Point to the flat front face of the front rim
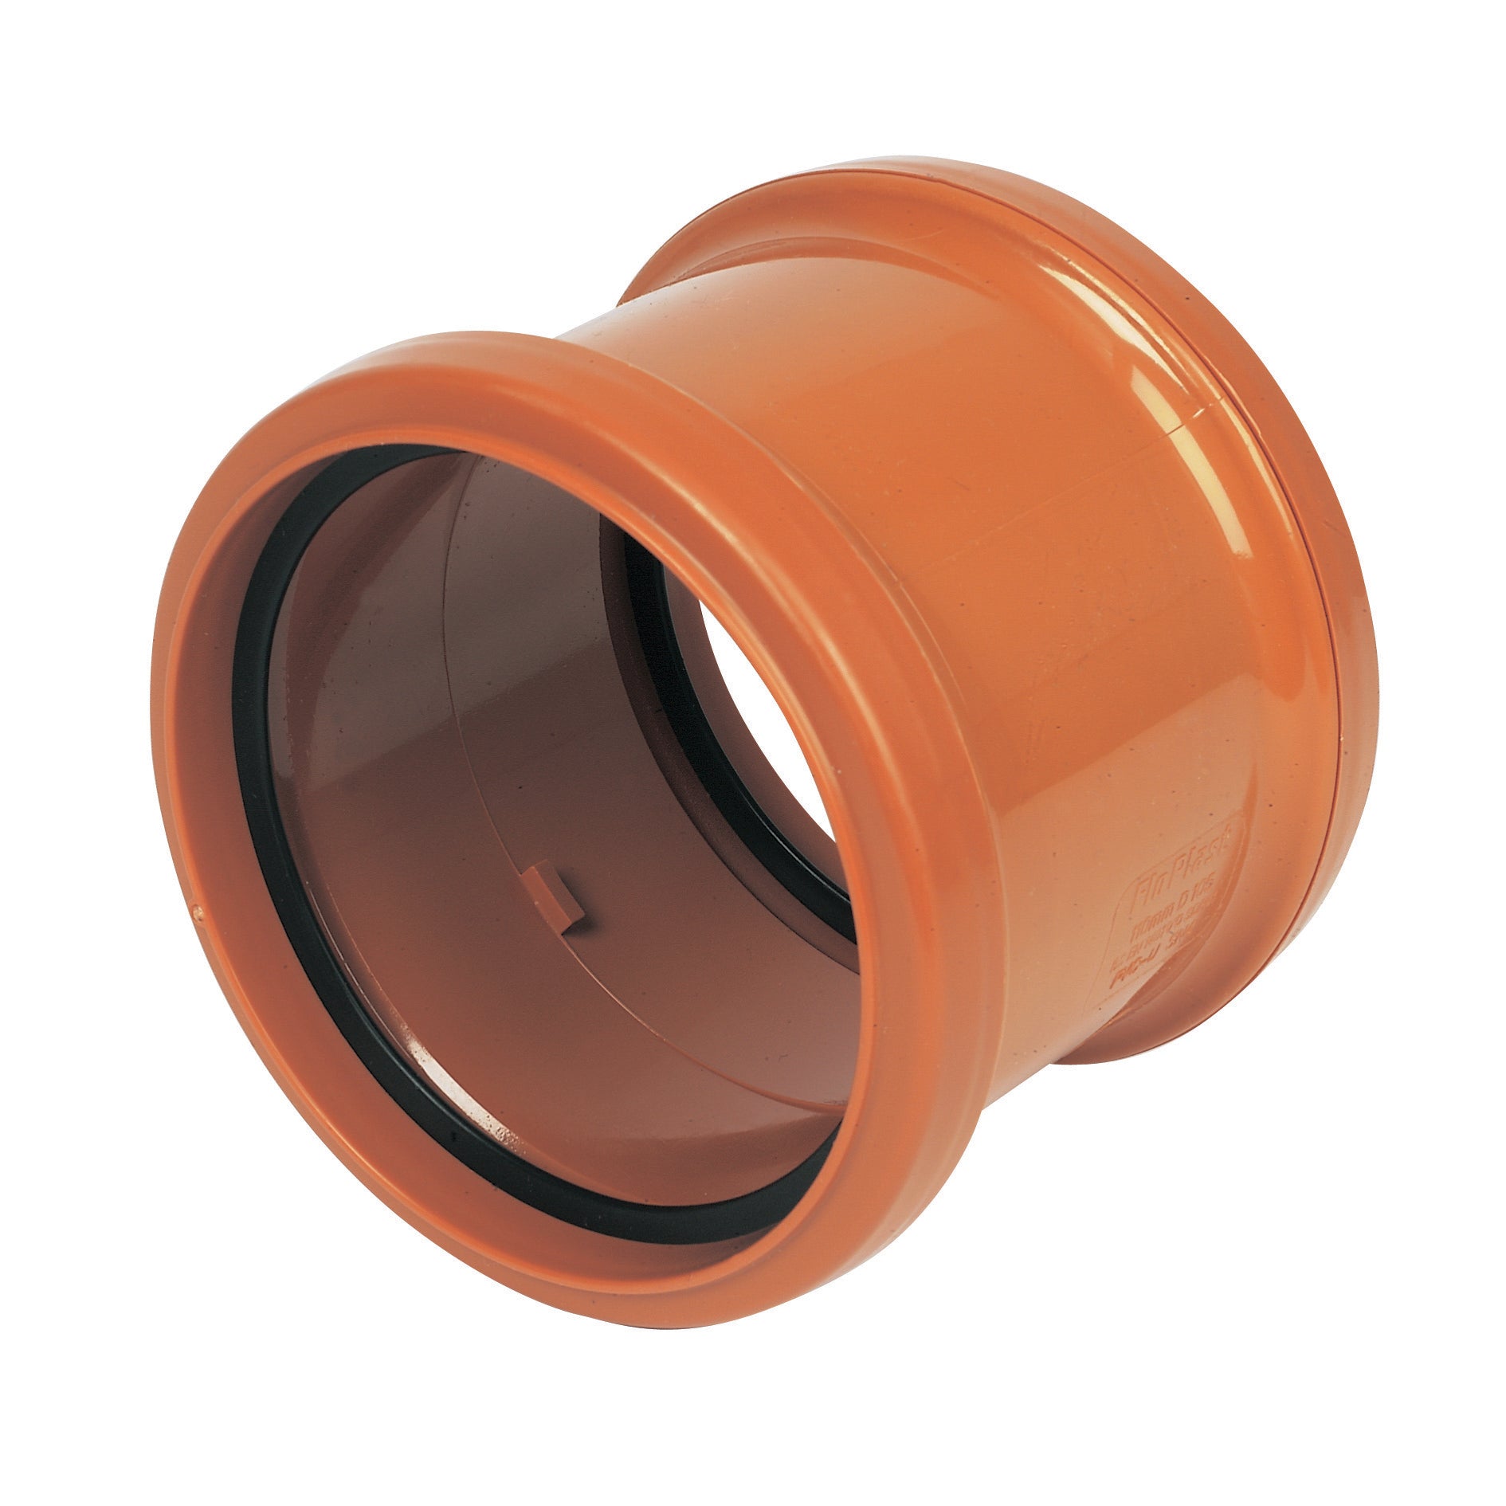pyautogui.click(x=183, y=797)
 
